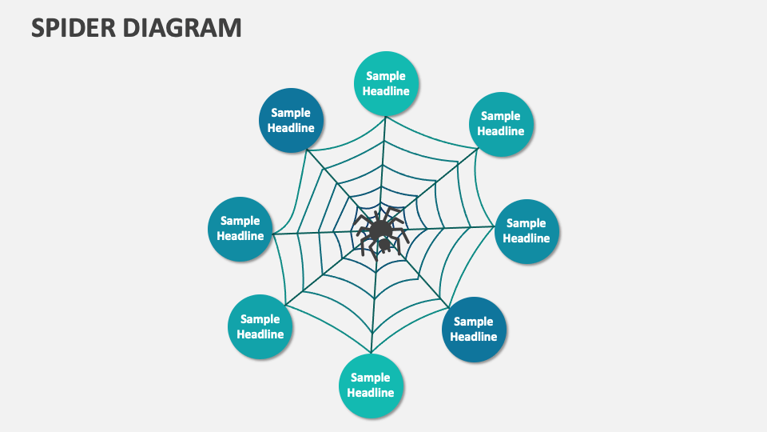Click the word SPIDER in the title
72,27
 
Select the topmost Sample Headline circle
387,84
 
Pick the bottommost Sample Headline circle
371,386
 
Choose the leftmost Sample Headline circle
240,229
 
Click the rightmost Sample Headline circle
527,231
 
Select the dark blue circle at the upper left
292,121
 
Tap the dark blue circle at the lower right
474,330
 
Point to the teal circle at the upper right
501,124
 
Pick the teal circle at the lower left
260,327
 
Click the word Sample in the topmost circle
387,76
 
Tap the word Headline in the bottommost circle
371,393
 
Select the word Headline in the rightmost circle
527,238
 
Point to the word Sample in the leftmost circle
240,221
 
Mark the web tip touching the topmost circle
386,118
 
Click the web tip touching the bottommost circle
371,353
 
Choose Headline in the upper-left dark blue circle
292,128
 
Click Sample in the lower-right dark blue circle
474,322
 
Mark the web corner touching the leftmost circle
274,234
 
